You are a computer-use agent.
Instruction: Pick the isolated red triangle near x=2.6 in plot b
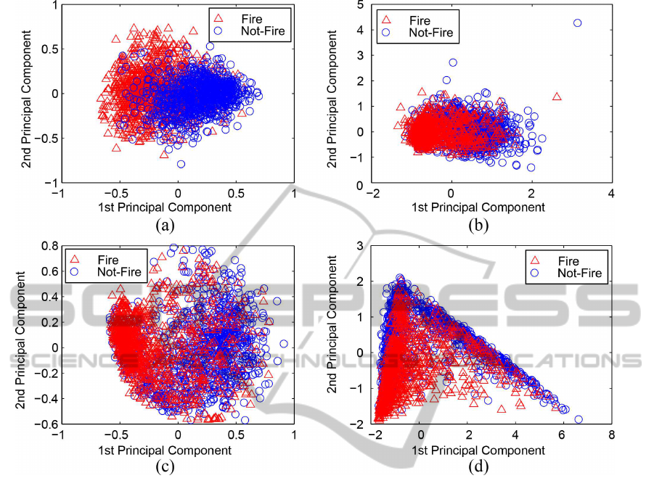pyautogui.click(x=557, y=96)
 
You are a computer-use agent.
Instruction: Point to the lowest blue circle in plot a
pyautogui.click(x=181, y=164)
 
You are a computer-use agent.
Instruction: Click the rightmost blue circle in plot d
pyautogui.click(x=579, y=419)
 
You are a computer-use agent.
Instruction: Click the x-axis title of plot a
pyautogui.click(x=177, y=207)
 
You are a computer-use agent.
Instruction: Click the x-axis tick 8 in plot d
pyautogui.click(x=611, y=437)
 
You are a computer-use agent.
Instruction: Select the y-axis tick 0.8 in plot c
pyautogui.click(x=49, y=247)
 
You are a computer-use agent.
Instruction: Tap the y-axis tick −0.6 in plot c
pyautogui.click(x=48, y=423)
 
